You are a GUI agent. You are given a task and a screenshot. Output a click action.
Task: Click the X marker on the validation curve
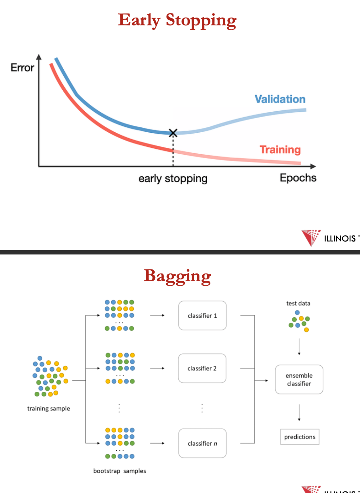click(x=173, y=133)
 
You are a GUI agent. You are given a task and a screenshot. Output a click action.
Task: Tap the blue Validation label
click(x=280, y=99)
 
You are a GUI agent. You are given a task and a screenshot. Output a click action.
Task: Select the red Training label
click(x=280, y=150)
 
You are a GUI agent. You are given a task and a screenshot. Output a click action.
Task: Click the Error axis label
click(x=22, y=68)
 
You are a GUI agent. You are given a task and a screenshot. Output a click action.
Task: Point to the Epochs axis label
click(x=298, y=178)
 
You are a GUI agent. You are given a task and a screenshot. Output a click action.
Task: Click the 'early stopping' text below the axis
click(x=173, y=179)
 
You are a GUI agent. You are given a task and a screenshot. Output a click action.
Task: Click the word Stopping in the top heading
click(x=201, y=20)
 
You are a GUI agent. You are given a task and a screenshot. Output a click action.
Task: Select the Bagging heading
click(x=177, y=276)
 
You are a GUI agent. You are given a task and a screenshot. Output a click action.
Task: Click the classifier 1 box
click(x=202, y=315)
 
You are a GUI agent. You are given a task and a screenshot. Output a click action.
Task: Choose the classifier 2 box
click(x=202, y=368)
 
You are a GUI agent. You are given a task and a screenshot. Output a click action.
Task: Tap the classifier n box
click(x=202, y=443)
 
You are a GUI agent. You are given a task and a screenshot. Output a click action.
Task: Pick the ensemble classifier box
click(x=299, y=379)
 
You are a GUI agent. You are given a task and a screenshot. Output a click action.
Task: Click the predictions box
click(x=299, y=437)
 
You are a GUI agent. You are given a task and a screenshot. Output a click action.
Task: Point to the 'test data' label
click(x=298, y=303)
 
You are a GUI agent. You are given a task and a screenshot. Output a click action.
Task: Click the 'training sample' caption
click(x=49, y=408)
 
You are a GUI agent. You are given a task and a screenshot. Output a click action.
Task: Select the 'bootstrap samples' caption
click(x=119, y=471)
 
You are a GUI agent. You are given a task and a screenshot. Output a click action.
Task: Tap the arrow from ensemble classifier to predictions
click(x=299, y=412)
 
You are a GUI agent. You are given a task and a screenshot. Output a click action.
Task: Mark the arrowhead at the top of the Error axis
click(x=39, y=57)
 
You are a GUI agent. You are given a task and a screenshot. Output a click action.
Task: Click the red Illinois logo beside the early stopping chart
click(x=311, y=237)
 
